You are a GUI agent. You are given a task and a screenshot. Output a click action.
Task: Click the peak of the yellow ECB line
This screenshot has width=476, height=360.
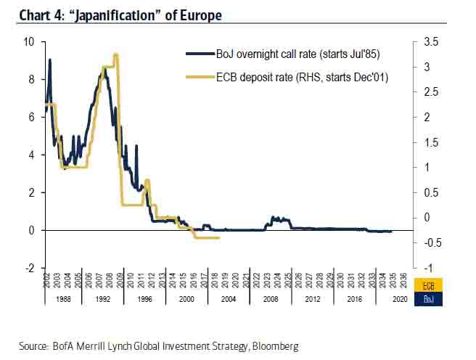[115, 55]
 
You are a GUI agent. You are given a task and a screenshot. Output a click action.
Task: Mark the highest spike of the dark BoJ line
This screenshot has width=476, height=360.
[49, 60]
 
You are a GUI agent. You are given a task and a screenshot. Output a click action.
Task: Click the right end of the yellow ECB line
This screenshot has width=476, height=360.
[219, 237]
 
